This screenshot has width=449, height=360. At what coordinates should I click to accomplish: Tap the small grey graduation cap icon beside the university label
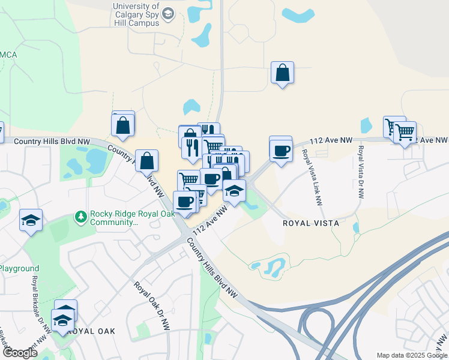[168, 13]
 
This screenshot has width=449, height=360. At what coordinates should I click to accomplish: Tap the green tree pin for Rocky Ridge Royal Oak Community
[80, 215]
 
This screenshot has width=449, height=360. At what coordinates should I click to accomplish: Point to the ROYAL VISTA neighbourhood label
[311, 223]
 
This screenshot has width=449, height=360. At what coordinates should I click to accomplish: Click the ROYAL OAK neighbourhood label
[91, 331]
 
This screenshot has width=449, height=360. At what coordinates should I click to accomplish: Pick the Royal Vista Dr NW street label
[361, 172]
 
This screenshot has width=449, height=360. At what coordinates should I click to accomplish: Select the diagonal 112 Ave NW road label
[210, 221]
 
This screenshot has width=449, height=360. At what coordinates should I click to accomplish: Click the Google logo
[20, 353]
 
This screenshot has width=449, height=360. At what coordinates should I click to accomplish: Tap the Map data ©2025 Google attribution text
[411, 355]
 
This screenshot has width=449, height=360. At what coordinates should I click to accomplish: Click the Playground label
[19, 269]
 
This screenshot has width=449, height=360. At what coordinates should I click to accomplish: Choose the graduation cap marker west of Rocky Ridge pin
[31, 220]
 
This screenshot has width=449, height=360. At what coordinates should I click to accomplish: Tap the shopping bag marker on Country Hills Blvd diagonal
[146, 161]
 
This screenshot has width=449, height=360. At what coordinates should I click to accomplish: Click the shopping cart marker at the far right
[405, 131]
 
